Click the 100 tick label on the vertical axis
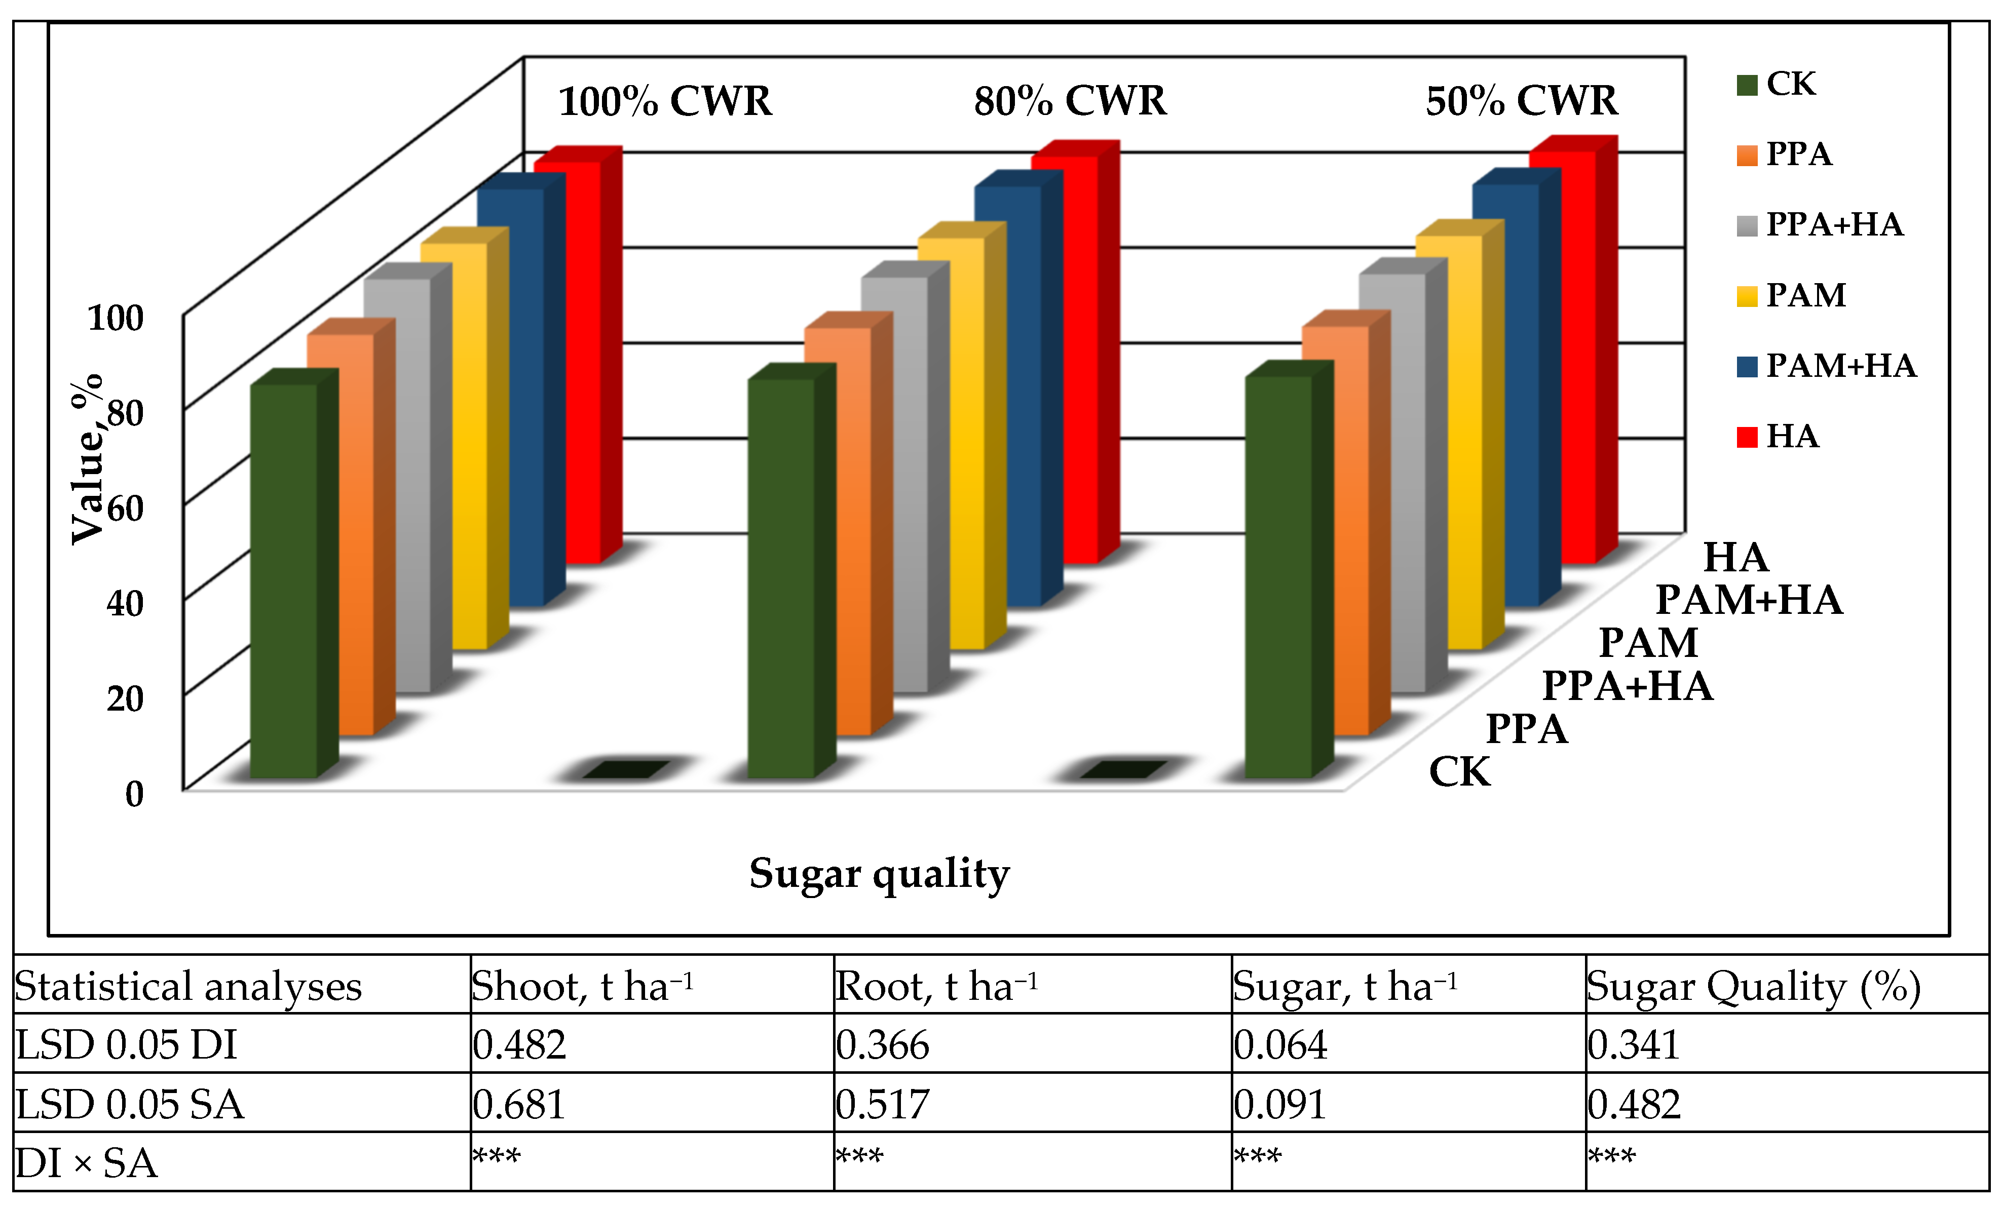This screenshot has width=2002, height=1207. coord(116,319)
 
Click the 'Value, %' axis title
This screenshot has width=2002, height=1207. coord(88,459)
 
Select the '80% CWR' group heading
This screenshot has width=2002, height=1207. coord(1070,101)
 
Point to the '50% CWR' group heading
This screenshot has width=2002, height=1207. coord(1521,101)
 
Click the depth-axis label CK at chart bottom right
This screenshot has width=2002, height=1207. coord(1459,771)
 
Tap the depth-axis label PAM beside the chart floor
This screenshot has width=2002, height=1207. coord(1648,643)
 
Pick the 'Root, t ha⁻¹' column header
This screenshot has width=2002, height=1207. coord(936,987)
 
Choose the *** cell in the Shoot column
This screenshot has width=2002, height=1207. coord(497,1157)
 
